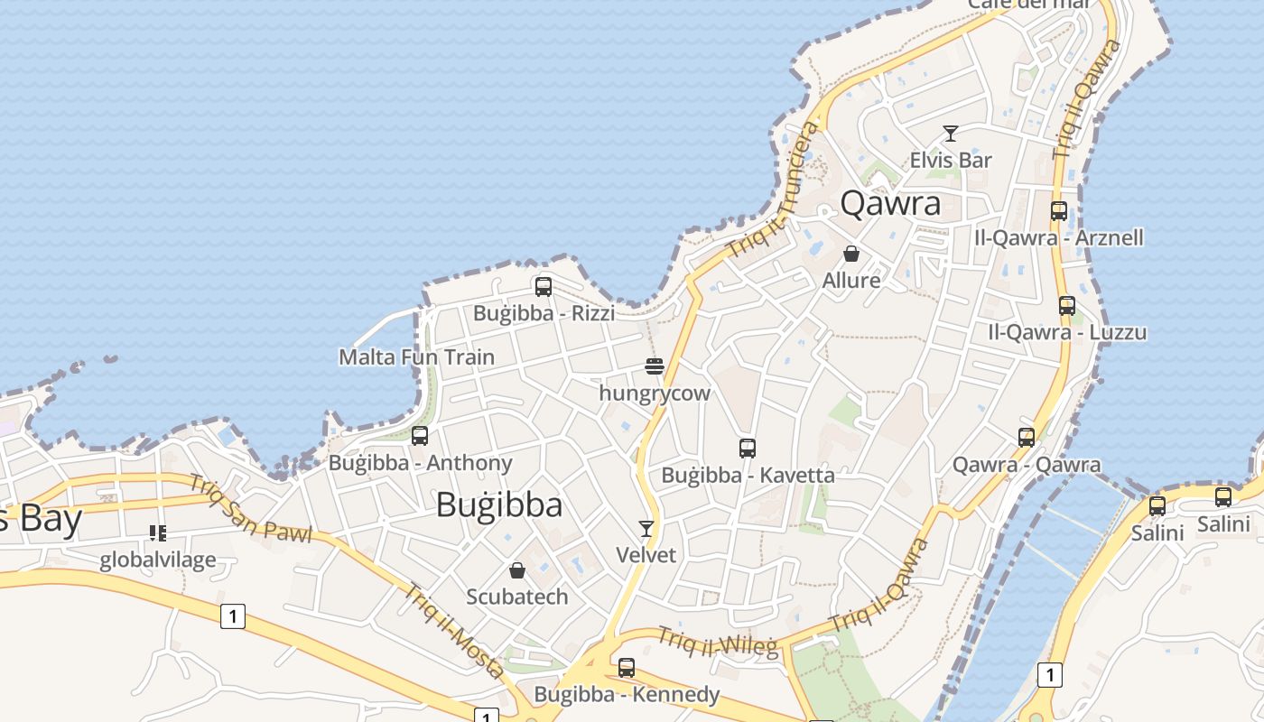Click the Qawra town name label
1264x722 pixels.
coord(890,203)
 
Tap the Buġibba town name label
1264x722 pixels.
coord(499,504)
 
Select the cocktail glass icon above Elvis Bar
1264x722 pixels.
coord(950,134)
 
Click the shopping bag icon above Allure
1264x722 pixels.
coord(850,254)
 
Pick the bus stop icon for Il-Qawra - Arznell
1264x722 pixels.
coord(1059,211)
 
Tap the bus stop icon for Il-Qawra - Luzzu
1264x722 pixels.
coord(1067,306)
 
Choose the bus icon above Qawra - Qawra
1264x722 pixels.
coord(1027,438)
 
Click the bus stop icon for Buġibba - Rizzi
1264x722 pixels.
coord(544,287)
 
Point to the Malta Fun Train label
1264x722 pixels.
coord(416,357)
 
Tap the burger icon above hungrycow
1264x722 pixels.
coord(655,366)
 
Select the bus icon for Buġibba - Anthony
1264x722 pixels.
coord(420,436)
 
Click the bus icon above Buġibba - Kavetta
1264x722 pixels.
coord(748,448)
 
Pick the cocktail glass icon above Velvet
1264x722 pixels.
coord(646,528)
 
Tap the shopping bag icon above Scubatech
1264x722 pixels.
coord(517,570)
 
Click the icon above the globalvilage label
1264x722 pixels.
coord(158,533)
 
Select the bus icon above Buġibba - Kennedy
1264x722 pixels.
coord(627,668)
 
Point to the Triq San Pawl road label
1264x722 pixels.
coord(250,507)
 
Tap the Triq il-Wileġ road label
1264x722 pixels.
coord(717,642)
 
